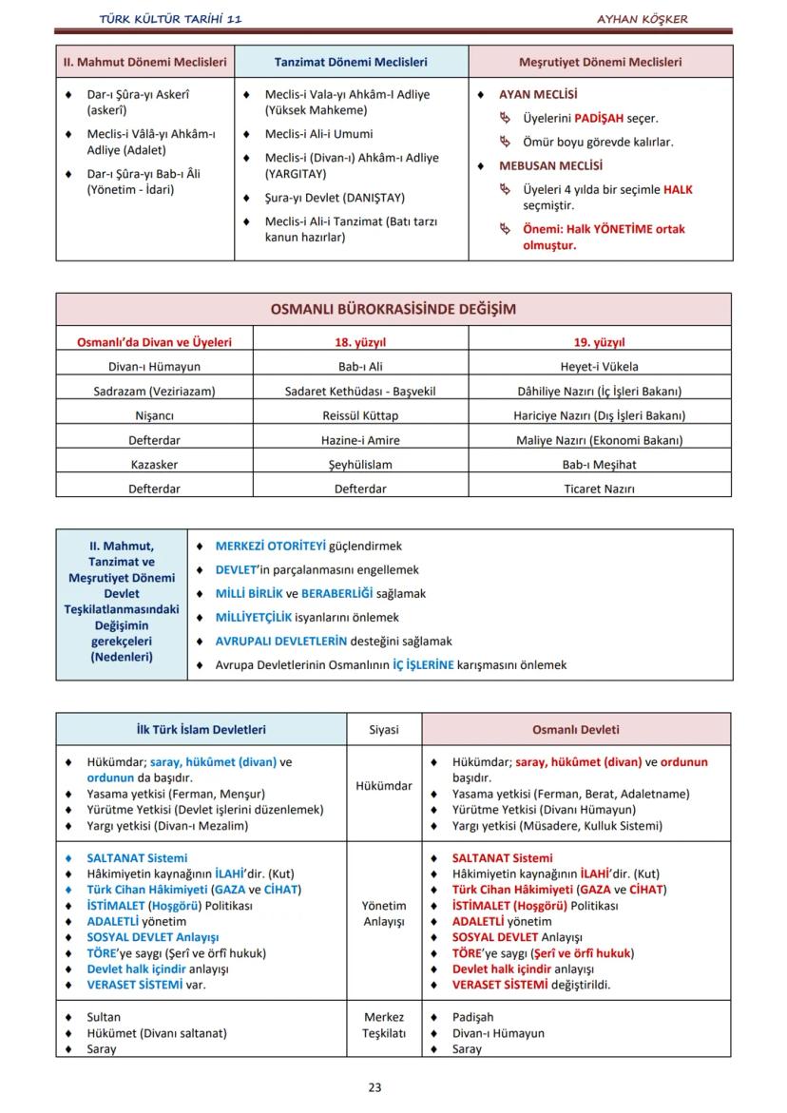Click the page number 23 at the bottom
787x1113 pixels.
click(374, 1087)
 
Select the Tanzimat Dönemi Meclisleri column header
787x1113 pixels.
click(351, 63)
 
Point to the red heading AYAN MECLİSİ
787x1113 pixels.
click(538, 95)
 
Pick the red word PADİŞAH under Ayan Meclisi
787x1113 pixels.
click(599, 119)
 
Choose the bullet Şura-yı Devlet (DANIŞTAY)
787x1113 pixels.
click(335, 198)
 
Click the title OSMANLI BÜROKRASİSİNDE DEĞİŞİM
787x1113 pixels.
click(393, 310)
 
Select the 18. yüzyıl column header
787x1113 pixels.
click(360, 342)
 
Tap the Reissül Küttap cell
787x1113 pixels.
click(360, 416)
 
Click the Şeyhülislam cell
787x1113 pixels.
click(360, 465)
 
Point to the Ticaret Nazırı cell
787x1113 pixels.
click(599, 489)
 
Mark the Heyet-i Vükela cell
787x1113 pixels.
click(599, 367)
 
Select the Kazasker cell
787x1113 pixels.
click(154, 465)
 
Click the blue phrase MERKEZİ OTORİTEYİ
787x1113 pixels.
click(271, 547)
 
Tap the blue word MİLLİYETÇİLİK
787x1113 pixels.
click(254, 618)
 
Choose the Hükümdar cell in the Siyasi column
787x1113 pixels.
click(384, 786)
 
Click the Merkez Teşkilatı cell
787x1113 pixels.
click(384, 1025)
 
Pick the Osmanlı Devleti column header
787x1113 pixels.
click(575, 730)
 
